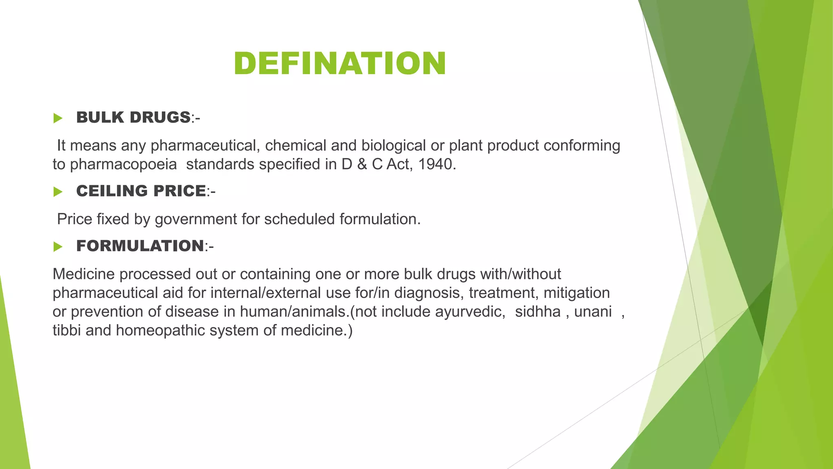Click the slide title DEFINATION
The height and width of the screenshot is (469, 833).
340,64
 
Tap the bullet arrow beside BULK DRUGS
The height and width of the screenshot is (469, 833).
58,118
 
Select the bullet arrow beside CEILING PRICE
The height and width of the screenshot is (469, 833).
58,192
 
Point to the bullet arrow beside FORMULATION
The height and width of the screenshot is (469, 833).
58,247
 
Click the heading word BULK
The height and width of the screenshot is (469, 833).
100,118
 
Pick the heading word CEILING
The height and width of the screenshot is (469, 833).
107,191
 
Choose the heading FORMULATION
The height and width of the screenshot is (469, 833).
140,246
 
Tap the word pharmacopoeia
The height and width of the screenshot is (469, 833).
123,164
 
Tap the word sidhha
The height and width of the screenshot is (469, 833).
538,312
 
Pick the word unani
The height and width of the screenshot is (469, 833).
593,312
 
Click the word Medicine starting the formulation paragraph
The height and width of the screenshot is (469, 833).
83,274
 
